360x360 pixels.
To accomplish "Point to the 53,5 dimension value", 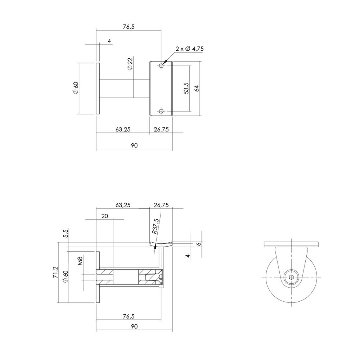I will pyautogui.click(x=186, y=89).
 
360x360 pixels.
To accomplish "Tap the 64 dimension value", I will pyautogui.click(x=197, y=89).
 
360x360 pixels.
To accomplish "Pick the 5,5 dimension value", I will pyautogui.click(x=65, y=234).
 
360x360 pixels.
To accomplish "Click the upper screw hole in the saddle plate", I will pyautogui.click(x=161, y=66).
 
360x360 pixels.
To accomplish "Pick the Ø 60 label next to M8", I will pyautogui.click(x=65, y=276).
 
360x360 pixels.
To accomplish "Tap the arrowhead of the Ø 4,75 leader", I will pyautogui.click(x=164, y=63).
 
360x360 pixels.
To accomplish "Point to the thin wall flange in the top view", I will pyautogui.click(x=97, y=89).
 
